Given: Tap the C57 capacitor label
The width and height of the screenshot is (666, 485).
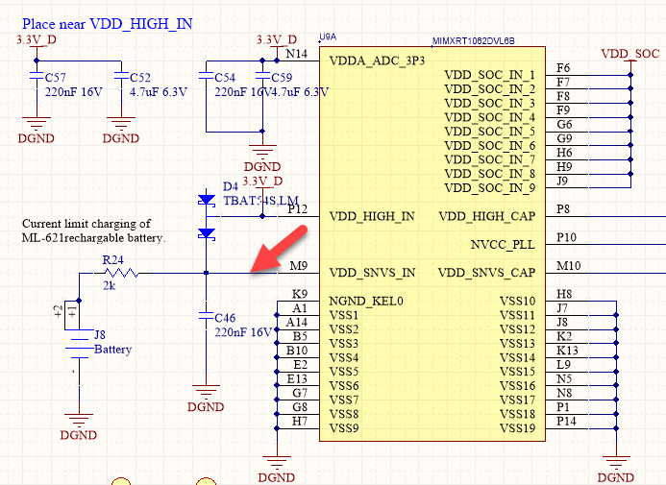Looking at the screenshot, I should [x=56, y=77].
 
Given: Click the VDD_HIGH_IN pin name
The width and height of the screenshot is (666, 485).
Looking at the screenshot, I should [x=372, y=216].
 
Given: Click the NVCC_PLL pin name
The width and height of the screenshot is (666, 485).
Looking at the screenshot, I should [x=503, y=244].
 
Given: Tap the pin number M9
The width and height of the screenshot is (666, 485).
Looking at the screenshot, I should [x=298, y=265].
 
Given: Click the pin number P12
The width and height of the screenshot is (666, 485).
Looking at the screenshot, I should [x=298, y=208].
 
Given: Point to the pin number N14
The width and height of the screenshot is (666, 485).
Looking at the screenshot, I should [x=299, y=54].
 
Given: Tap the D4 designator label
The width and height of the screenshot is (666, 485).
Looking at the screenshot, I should [x=230, y=185].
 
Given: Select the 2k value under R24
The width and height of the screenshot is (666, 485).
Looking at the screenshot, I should [x=110, y=285].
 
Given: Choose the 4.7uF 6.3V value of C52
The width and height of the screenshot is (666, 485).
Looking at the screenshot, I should [x=160, y=92].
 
